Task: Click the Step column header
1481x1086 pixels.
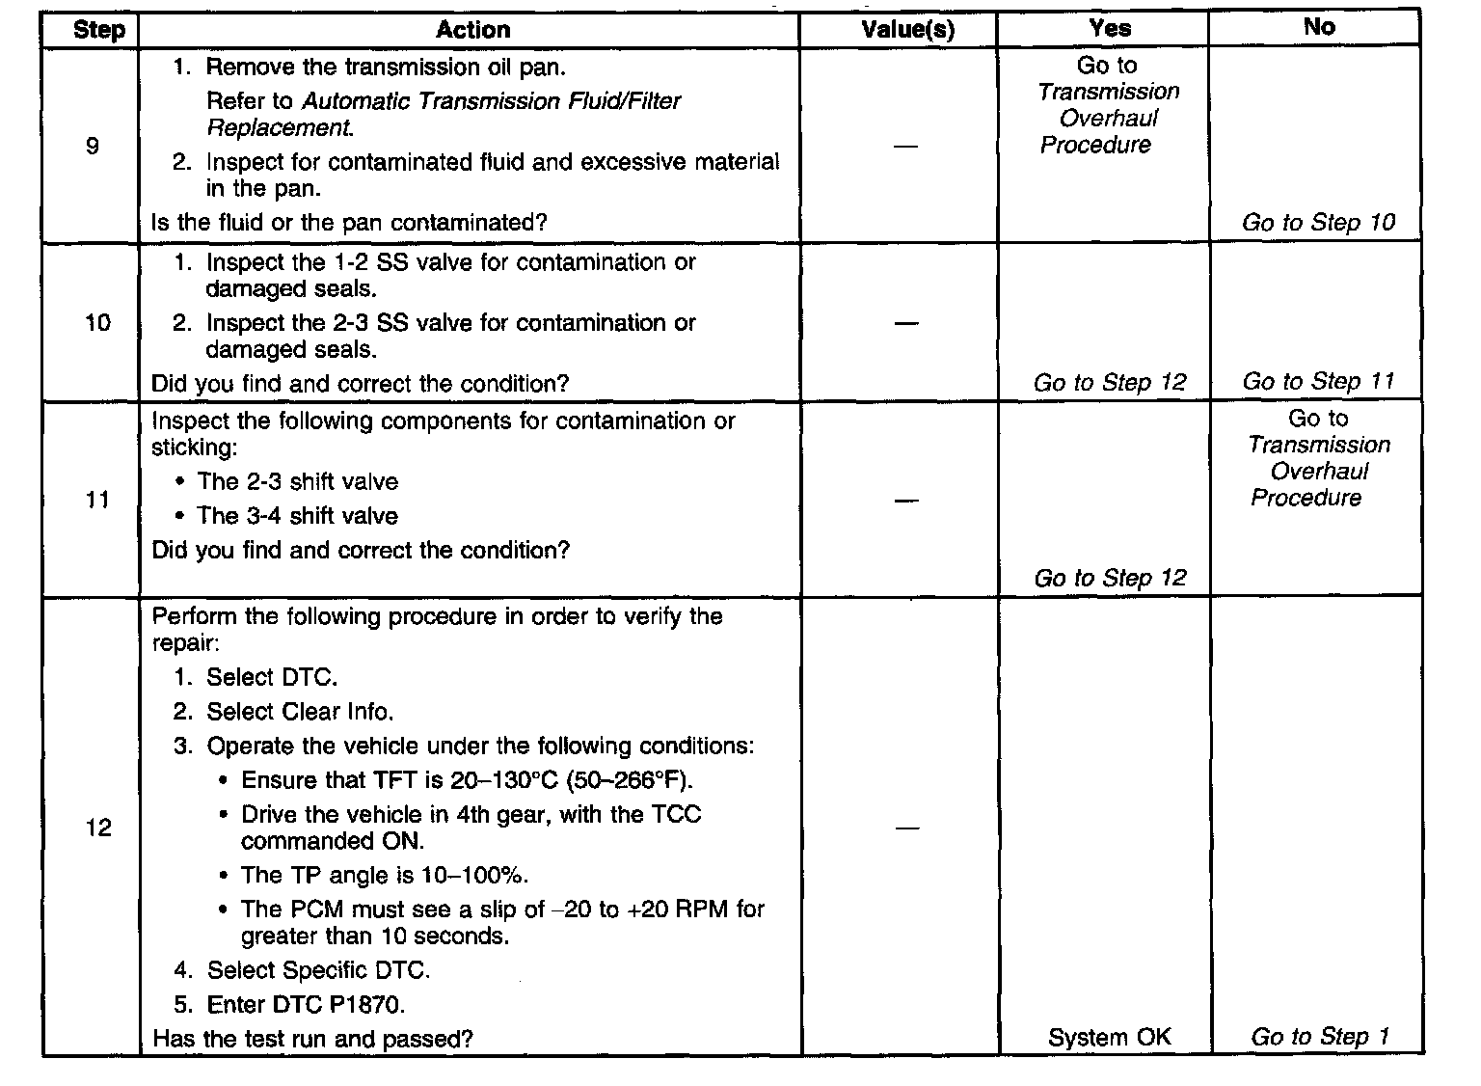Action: click(99, 30)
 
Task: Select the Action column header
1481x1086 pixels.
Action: click(472, 30)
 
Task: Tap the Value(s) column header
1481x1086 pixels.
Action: click(907, 30)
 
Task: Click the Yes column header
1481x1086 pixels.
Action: click(1110, 29)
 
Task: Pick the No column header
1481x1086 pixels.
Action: click(1318, 27)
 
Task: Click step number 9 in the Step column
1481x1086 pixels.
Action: click(93, 147)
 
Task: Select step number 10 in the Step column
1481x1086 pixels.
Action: click(97, 323)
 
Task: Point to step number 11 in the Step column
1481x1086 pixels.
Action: click(97, 501)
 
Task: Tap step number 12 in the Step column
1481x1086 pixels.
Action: click(98, 828)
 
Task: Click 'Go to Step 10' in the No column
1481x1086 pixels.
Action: click(1318, 223)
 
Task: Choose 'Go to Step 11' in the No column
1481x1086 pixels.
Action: click(1318, 382)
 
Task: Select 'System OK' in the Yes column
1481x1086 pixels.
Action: click(1110, 1038)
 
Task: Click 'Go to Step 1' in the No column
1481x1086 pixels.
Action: click(1319, 1038)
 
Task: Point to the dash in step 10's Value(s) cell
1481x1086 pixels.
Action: click(906, 323)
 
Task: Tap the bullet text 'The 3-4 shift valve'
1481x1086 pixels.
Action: click(297, 516)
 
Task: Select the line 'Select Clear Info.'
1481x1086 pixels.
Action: click(300, 713)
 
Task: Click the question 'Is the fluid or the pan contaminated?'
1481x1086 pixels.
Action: click(349, 223)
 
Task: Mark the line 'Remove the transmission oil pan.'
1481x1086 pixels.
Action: click(386, 68)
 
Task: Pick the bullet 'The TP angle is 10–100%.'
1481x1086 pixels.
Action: click(384, 876)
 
